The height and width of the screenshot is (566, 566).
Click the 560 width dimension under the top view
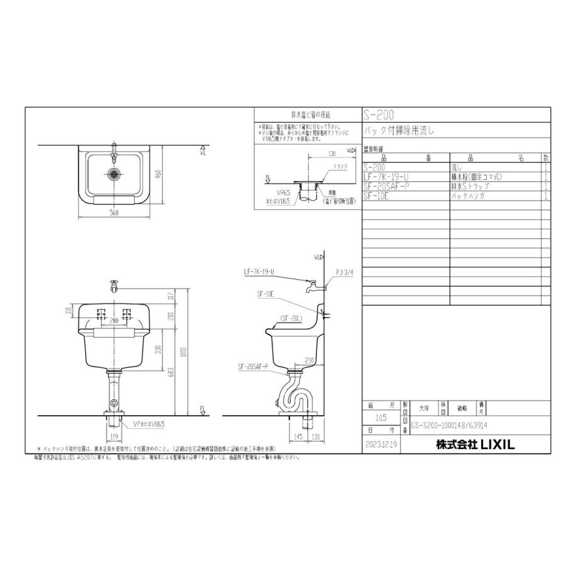tap(114, 213)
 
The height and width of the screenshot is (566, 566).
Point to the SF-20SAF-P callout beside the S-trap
tap(253, 366)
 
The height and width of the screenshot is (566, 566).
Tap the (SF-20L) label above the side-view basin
tap(291, 318)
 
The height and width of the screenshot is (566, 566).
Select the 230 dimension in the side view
tap(308, 360)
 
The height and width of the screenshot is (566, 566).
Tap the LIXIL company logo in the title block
tap(475, 444)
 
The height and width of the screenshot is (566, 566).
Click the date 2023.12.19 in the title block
tap(381, 444)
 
